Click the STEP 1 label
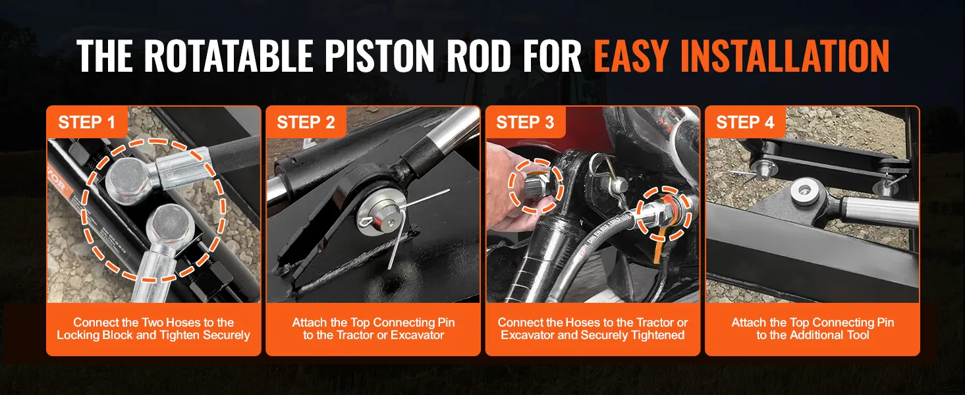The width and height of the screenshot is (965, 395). pyautogui.click(x=86, y=122)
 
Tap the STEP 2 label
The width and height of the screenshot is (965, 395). pyautogui.click(x=306, y=122)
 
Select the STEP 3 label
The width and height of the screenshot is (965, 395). pyautogui.click(x=525, y=122)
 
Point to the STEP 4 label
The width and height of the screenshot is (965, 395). pyautogui.click(x=745, y=122)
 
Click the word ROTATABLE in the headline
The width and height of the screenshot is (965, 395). pyautogui.click(x=229, y=56)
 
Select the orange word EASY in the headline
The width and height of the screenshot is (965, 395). pyautogui.click(x=631, y=56)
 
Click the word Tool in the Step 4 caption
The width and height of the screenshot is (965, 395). pyautogui.click(x=856, y=335)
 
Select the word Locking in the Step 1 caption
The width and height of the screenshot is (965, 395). pyautogui.click(x=74, y=335)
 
